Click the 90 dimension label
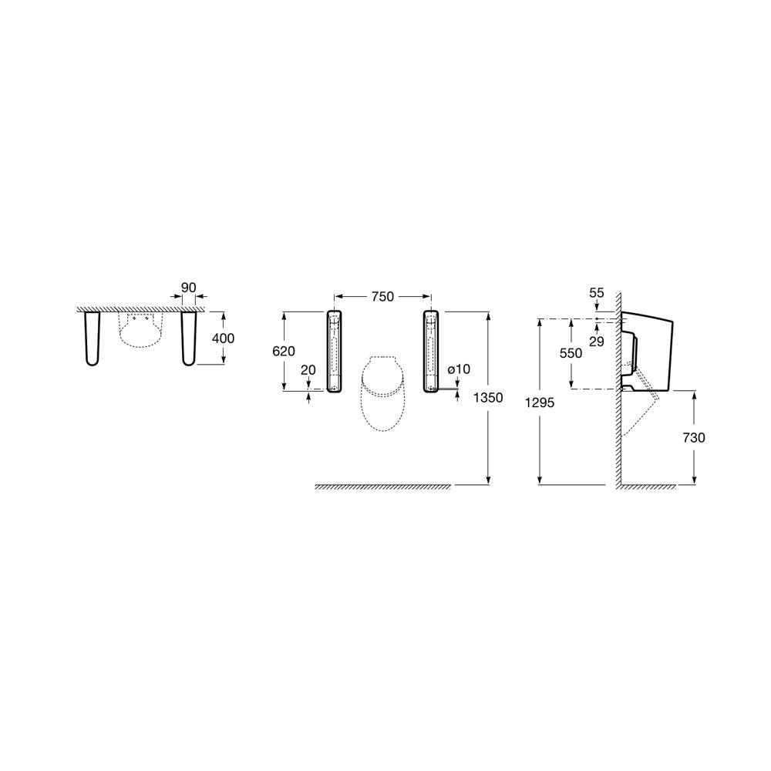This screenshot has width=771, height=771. click(x=189, y=288)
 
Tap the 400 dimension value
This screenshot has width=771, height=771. click(x=224, y=338)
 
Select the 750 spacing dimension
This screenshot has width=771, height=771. click(x=382, y=297)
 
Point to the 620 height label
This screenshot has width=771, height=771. click(x=284, y=351)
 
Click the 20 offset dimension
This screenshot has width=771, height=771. click(x=308, y=370)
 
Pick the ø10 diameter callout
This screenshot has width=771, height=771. click(x=459, y=369)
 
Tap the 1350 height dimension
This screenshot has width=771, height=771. click(x=488, y=397)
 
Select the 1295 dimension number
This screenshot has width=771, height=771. click(x=540, y=402)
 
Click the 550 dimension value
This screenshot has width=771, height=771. click(x=571, y=353)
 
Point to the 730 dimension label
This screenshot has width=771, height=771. click(x=694, y=437)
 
